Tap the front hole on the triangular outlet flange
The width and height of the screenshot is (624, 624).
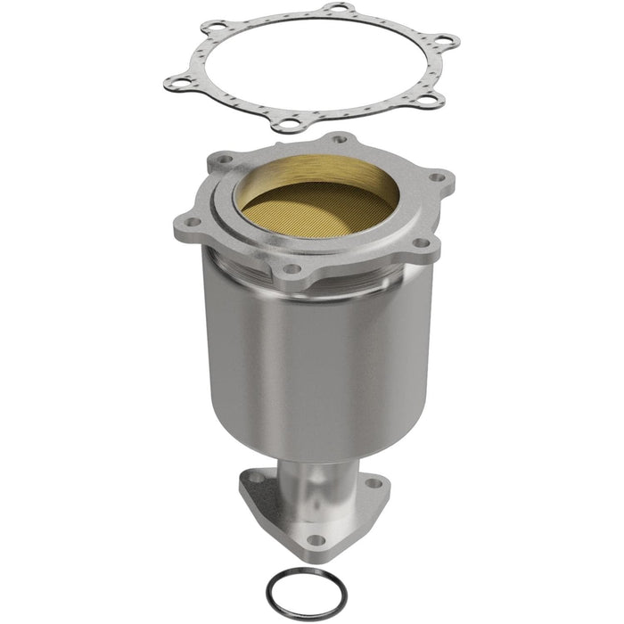314,539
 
